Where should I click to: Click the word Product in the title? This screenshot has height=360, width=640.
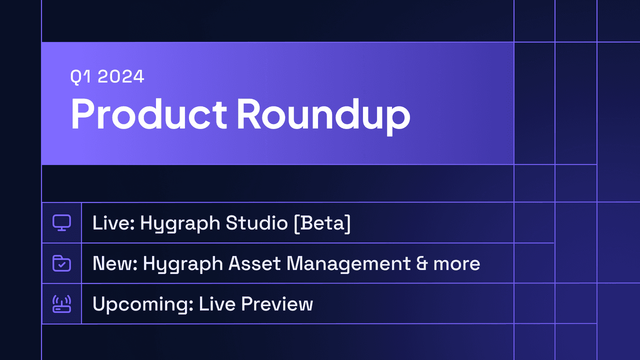pos(149,114)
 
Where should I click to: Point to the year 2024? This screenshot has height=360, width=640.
pos(121,76)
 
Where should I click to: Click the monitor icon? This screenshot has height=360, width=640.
pos(61,222)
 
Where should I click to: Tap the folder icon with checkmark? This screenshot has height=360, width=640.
pos(61,263)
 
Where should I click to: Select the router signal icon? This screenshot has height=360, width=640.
pos(61,304)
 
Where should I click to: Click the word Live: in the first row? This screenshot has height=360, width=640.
pos(113,223)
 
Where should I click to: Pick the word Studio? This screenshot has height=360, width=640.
pos(257,223)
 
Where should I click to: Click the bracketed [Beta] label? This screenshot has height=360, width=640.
pos(322,223)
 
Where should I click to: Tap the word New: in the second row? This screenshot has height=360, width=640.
pos(115,263)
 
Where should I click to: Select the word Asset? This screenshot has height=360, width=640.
pos(254,263)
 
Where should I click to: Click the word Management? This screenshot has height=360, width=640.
pos(348,264)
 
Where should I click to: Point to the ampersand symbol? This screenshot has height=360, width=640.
pos(422,263)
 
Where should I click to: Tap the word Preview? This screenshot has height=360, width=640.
pos(277,304)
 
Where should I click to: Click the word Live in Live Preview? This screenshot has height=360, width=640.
pos(217,304)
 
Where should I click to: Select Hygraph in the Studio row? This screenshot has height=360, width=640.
pos(180,224)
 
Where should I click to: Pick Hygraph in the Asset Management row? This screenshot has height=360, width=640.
pos(183,264)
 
